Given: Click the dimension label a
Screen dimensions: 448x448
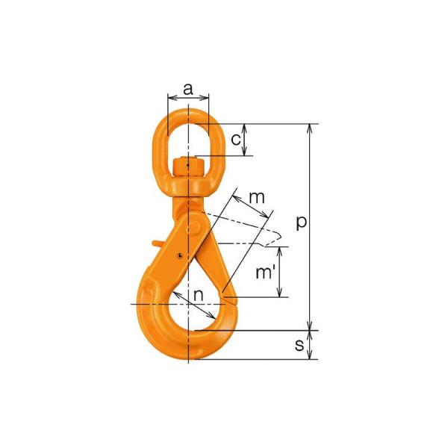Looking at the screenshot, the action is pos(188,90).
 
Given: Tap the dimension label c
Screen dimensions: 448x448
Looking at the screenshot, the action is pos(236,140).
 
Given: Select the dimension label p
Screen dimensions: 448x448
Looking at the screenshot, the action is pos(301,223).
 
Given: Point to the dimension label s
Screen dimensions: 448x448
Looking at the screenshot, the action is pos(299,345).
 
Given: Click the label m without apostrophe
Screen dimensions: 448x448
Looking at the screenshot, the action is pos(257,197).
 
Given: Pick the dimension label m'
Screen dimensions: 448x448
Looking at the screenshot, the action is pos(265,272).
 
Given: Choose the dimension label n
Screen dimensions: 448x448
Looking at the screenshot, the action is pos(199,296).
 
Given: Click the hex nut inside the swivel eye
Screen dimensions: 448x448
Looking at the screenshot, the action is pos(189,168).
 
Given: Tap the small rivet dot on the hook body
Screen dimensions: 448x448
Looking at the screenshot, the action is pos(180,255).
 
